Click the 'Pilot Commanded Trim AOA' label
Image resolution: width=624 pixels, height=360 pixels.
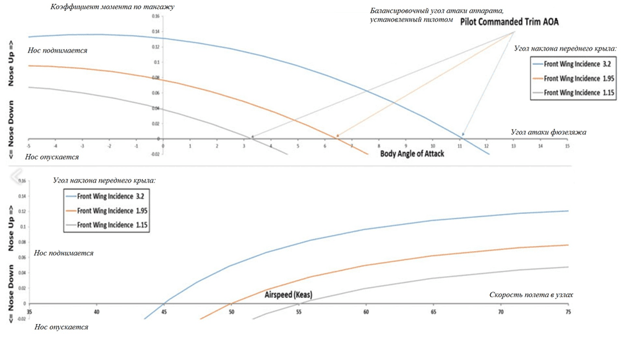point(509,22)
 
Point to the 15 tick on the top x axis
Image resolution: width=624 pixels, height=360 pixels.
point(567,147)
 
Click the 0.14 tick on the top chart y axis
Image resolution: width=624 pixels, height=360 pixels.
point(156,31)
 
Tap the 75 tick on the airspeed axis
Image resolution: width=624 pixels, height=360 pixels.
point(567,312)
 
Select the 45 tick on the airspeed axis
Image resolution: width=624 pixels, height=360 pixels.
point(164,312)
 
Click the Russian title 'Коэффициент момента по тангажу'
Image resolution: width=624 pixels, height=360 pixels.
point(112,7)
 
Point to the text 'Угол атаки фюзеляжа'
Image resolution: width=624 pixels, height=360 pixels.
point(548,132)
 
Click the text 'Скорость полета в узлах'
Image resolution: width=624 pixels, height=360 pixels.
point(531,295)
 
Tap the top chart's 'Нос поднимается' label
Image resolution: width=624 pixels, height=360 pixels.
point(58,50)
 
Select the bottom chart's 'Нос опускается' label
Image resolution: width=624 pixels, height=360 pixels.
point(62,327)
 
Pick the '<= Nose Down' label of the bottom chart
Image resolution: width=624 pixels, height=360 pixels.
point(11,292)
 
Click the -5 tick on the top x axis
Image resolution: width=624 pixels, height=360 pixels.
point(29,147)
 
